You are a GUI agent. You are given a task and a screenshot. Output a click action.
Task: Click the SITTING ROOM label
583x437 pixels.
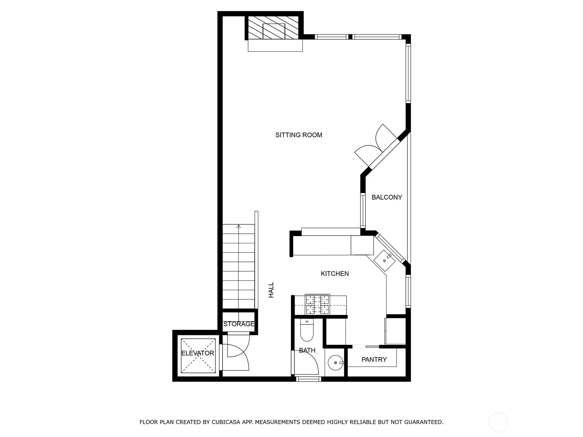(298, 135)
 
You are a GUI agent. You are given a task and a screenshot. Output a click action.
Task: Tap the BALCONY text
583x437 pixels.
(387, 197)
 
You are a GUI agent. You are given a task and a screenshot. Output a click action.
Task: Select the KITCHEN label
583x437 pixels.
(334, 273)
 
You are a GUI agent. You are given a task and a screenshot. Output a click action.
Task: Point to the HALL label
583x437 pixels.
(271, 290)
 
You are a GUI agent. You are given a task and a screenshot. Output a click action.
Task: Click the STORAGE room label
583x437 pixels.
(239, 324)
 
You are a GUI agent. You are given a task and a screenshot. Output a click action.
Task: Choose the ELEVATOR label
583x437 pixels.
(197, 353)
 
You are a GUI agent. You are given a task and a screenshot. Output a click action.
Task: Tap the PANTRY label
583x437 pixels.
(374, 359)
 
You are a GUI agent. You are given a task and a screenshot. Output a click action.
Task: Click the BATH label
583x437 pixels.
(307, 350)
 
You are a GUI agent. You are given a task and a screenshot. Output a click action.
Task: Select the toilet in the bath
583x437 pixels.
(307, 330)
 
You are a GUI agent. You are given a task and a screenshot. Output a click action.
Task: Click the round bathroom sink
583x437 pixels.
(336, 362)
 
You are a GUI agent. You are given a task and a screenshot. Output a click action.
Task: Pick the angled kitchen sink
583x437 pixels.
(384, 260)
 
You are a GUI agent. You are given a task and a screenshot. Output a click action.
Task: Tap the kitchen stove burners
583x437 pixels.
(317, 304)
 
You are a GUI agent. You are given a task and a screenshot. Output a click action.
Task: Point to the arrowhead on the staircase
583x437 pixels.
(239, 226)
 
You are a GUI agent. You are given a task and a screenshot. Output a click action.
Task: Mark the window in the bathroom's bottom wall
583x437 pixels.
(309, 379)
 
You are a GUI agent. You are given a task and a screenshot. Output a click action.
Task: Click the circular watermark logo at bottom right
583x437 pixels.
(498, 422)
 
